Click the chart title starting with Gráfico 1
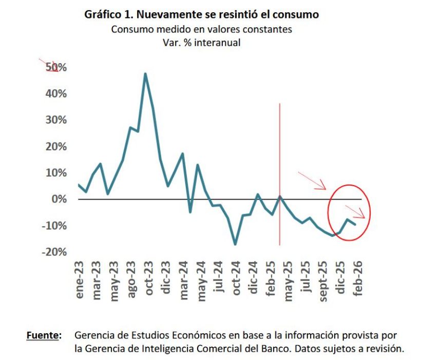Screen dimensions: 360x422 tap(201, 15)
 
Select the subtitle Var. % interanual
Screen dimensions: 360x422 tap(201, 43)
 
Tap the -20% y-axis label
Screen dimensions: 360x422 tap(54, 252)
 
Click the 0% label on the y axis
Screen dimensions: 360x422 tap(59, 199)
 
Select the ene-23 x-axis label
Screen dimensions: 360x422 tap(79, 281)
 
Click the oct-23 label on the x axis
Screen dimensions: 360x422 tap(149, 281)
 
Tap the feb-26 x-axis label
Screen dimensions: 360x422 tap(358, 281)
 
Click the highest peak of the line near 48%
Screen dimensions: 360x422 tap(145, 74)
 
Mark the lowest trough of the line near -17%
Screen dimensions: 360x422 tap(235, 244)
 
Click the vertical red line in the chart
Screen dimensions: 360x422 tap(280, 154)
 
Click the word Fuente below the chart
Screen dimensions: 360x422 tap(43, 336)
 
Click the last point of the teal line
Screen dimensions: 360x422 tap(355, 224)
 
